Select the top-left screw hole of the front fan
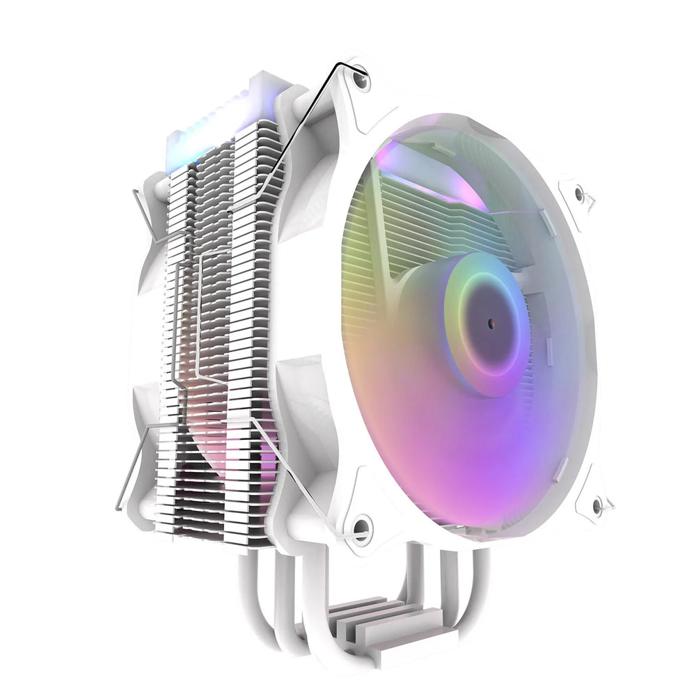point(360,81)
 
